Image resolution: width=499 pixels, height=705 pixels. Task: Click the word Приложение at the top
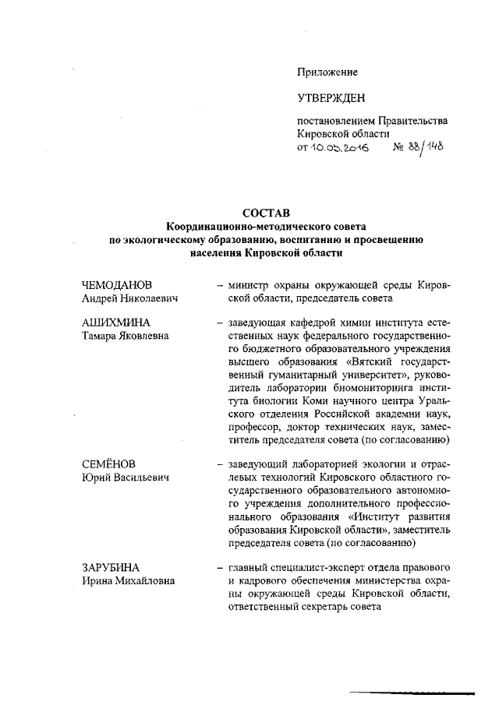[x=327, y=72]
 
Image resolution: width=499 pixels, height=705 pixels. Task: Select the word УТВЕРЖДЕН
[x=331, y=98]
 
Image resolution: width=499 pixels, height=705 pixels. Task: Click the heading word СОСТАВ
[x=265, y=212]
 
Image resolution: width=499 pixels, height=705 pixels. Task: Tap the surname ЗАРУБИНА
[x=113, y=567]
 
